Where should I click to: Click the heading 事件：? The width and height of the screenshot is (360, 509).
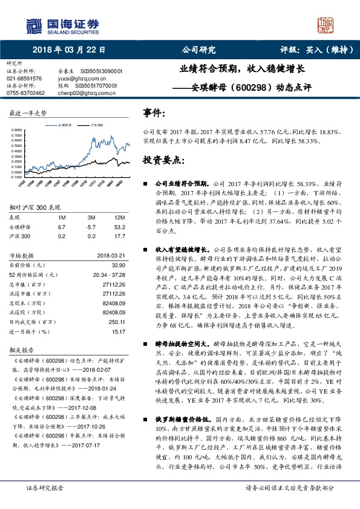pyautogui.click(x=155, y=113)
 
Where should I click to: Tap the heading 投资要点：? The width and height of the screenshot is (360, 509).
pyautogui.click(x=163, y=160)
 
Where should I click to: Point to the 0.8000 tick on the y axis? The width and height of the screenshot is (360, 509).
pyautogui.click(x=18, y=129)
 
